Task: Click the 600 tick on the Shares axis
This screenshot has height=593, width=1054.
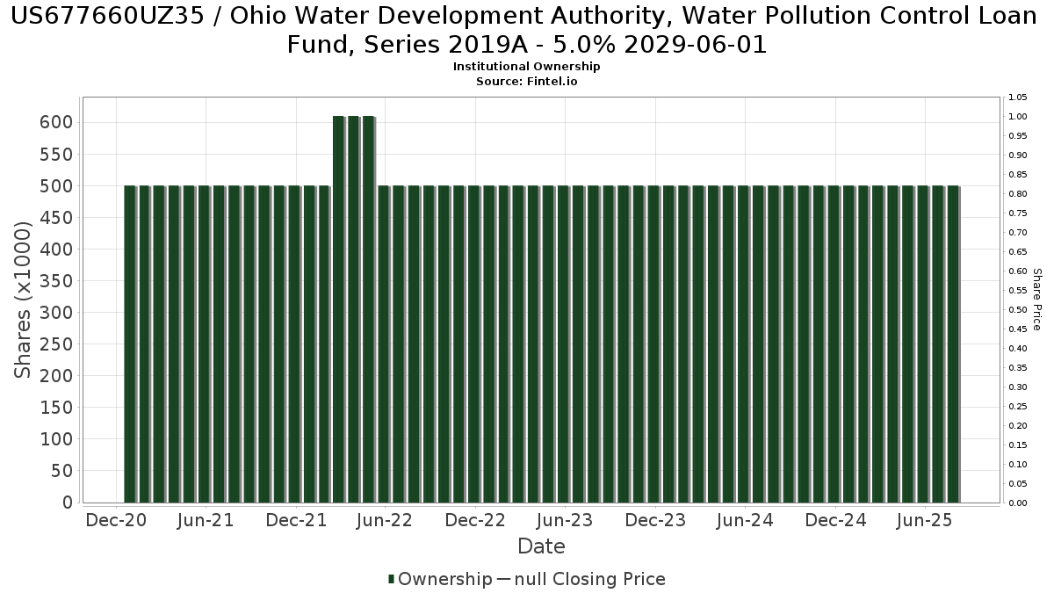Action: click(55, 122)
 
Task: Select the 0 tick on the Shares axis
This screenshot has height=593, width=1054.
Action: click(66, 503)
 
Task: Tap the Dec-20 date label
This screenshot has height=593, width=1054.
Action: click(115, 520)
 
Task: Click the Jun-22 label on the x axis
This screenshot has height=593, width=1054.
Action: click(385, 520)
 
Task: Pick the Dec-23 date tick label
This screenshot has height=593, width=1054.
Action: click(655, 520)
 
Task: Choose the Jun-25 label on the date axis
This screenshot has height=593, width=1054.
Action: click(925, 520)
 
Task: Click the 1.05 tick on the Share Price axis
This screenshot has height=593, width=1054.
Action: click(1018, 97)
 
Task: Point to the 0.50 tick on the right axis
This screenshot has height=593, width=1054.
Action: click(1018, 309)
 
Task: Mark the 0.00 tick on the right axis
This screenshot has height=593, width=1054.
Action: click(1018, 503)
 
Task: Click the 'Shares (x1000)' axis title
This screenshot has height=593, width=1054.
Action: click(23, 300)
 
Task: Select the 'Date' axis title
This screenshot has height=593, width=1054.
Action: click(541, 546)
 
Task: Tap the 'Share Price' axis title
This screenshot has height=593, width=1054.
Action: click(1037, 300)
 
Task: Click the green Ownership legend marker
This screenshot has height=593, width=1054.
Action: click(391, 579)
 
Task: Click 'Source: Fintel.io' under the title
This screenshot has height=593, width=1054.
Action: click(526, 81)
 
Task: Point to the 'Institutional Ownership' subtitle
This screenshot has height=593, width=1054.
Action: click(526, 67)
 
